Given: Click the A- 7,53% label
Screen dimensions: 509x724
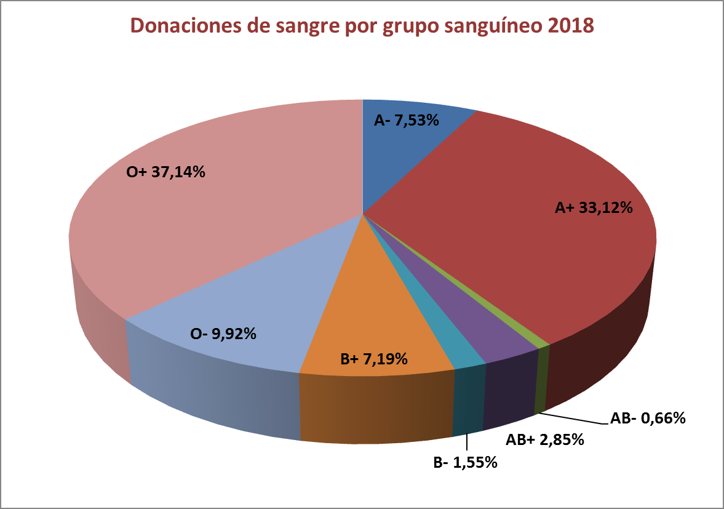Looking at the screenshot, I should pos(406,121).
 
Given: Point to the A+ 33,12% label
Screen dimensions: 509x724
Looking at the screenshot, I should pos(594,209).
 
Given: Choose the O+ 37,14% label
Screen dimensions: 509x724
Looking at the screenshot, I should pos(165,173).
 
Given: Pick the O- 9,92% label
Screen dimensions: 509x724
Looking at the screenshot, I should pos(223,335).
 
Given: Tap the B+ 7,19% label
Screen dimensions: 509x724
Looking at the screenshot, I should pos(374,358).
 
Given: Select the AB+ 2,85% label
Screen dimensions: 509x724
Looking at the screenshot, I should pos(544,440).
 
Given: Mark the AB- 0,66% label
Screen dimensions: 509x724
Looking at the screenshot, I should pos(648,419).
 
